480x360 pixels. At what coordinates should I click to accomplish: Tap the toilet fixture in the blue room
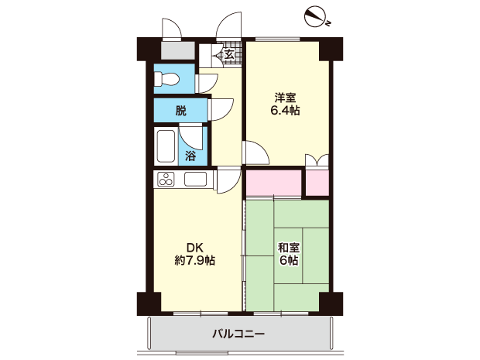[x=166, y=80]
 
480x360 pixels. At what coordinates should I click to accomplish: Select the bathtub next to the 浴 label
[x=166, y=146]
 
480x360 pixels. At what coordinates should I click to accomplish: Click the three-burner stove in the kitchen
[x=166, y=179]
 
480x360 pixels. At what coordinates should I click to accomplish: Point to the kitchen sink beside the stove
[x=195, y=179]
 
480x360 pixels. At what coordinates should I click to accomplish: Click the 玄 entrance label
[x=229, y=55]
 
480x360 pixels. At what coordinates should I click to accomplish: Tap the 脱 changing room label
[x=180, y=111]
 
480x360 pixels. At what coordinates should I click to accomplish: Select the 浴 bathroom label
[x=190, y=156]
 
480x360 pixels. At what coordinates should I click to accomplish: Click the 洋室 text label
[x=285, y=98]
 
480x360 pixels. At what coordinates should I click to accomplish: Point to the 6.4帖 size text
[x=285, y=111]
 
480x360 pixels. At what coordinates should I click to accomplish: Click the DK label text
[x=194, y=247]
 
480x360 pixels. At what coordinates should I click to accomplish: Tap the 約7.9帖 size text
[x=194, y=260]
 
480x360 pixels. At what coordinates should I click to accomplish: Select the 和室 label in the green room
[x=289, y=247]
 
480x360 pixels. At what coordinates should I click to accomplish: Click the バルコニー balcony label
[x=238, y=334]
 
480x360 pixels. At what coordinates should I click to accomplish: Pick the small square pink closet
[x=317, y=183]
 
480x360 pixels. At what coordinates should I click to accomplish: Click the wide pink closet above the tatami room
[x=274, y=183]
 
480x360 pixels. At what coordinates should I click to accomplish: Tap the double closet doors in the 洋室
[x=317, y=161]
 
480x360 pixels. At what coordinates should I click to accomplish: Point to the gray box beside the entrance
[x=178, y=50]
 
